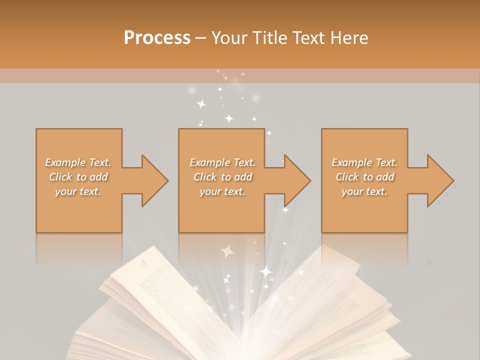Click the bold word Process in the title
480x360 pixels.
pos(157,37)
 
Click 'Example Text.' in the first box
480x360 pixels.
pos(78,162)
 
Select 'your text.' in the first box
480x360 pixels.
pos(78,191)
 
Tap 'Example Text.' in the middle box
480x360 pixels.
pos(222,162)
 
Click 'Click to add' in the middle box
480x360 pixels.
pos(222,177)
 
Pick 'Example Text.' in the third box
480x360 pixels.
pos(364,162)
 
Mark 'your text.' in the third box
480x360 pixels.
pos(364,191)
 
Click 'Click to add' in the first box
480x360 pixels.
pos(78,177)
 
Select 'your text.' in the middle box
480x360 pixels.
pos(222,191)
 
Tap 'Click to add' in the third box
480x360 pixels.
pos(364,177)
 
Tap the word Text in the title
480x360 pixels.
pos(305,37)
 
